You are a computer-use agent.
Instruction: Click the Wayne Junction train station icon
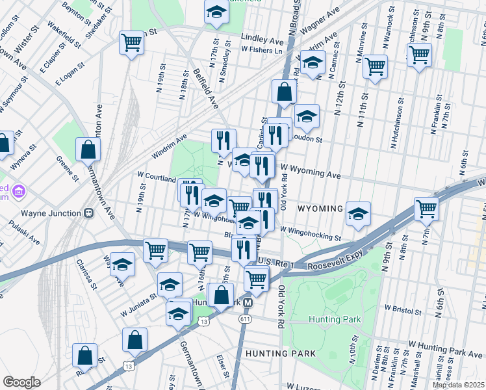click(x=90, y=213)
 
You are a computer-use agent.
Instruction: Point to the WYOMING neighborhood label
click(x=320, y=209)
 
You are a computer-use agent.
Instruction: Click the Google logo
click(x=21, y=382)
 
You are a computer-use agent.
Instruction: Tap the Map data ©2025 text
click(x=458, y=385)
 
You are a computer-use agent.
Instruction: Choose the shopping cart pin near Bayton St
click(x=131, y=43)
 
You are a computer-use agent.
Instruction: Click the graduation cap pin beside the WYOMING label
click(x=358, y=213)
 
